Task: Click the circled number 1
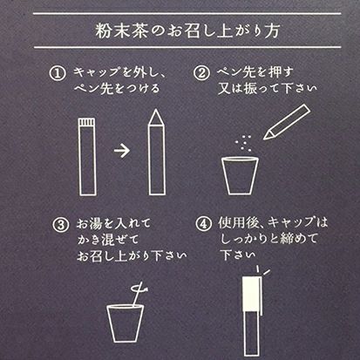click(x=58, y=73)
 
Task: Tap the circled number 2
click(x=201, y=72)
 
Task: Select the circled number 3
click(x=61, y=225)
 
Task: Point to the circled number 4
click(x=203, y=224)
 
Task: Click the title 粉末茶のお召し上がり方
click(x=187, y=31)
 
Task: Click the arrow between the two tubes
click(x=122, y=151)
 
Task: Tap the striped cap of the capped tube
click(x=86, y=122)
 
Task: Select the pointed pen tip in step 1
click(x=156, y=118)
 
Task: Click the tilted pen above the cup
click(x=287, y=122)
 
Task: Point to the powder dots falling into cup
click(x=244, y=143)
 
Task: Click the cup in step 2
click(x=240, y=176)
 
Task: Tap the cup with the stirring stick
click(x=126, y=323)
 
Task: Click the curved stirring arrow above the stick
click(x=140, y=289)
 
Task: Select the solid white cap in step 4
click(x=252, y=294)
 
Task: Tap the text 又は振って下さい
click(x=268, y=88)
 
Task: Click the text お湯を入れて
click(x=113, y=223)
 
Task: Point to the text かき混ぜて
click(x=108, y=240)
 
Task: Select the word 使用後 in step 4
click(x=237, y=222)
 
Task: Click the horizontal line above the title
click(x=187, y=13)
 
